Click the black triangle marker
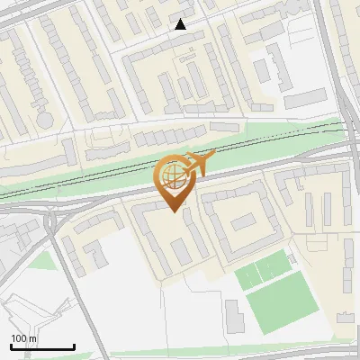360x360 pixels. (181, 24)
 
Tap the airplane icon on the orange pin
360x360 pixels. (195, 165)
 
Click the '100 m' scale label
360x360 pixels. (24, 338)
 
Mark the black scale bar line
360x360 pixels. (42, 347)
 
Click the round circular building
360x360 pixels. (44, 118)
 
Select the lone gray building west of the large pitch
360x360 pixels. (233, 314)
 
